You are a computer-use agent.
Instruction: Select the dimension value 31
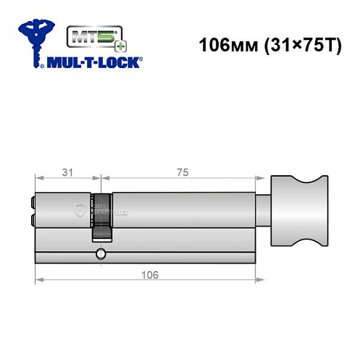67,172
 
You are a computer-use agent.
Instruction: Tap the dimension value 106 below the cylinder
150,276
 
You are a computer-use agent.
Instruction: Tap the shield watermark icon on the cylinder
80,210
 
